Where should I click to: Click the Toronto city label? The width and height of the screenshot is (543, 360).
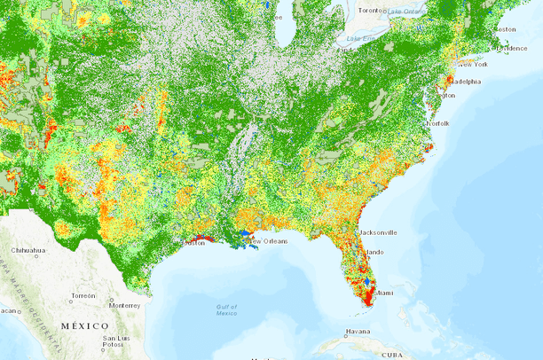click(372, 10)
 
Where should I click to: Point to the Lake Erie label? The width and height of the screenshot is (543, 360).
click(360, 39)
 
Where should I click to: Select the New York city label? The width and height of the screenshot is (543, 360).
click(472, 65)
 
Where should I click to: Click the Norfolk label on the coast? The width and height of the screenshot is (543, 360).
click(438, 122)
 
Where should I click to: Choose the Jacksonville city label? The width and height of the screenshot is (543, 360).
click(378, 232)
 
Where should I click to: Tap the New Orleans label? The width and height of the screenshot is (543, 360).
click(267, 240)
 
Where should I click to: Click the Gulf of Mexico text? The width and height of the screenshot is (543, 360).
click(226, 309)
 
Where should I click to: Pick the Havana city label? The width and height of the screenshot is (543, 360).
click(358, 332)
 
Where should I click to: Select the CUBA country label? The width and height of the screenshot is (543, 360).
click(391, 355)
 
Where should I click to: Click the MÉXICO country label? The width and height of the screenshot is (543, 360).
click(85, 326)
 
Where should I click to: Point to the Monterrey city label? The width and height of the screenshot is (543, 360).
click(125, 305)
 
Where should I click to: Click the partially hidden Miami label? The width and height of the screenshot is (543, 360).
click(383, 292)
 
